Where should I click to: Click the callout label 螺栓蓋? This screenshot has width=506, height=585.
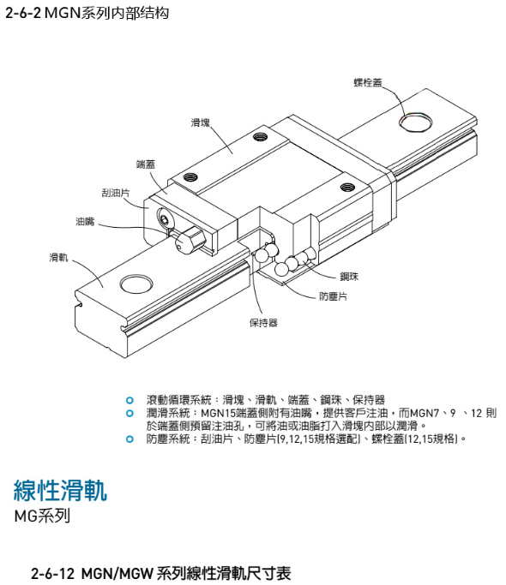(x=368, y=82)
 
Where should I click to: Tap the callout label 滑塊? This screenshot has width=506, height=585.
(x=201, y=122)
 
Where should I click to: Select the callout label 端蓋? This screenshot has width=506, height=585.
(x=146, y=164)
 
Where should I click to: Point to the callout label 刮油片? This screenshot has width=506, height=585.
(x=116, y=193)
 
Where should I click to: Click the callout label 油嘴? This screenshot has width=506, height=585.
(x=85, y=222)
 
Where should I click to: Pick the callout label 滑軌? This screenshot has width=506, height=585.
(x=58, y=257)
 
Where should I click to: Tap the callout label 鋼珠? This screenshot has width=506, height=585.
(x=349, y=277)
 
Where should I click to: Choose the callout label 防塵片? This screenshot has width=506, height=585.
(x=333, y=296)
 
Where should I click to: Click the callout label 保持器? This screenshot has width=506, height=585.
(x=263, y=323)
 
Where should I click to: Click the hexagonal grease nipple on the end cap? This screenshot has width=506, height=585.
(x=190, y=239)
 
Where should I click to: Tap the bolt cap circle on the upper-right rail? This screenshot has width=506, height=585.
(x=416, y=122)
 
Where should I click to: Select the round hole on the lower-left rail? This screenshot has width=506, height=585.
(x=136, y=285)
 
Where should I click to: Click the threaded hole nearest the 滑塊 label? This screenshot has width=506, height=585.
(x=260, y=137)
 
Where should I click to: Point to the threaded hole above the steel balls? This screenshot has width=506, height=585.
(x=347, y=187)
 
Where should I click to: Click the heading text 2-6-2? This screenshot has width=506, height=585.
(x=22, y=14)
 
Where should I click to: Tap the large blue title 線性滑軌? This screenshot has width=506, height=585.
(x=60, y=490)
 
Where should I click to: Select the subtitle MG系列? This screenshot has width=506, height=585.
(x=42, y=516)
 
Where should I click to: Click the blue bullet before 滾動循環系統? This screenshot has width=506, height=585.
(x=130, y=401)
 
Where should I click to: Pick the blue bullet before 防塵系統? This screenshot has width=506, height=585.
(x=130, y=439)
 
